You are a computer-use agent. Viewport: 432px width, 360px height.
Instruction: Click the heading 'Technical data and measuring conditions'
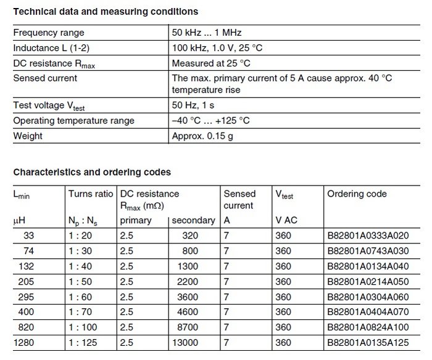click(106, 12)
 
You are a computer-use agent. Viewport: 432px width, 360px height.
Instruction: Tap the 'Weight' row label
click(28, 136)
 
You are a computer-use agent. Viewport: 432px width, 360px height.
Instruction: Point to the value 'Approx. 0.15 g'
click(203, 136)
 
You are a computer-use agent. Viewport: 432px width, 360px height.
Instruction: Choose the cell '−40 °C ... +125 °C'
click(211, 121)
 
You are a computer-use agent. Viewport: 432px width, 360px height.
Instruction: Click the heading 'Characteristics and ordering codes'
click(92, 172)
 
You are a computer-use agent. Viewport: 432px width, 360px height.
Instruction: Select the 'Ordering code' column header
click(357, 194)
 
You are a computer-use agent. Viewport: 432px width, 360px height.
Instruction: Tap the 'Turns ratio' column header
click(91, 194)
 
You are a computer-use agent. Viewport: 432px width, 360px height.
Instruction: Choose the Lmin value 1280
click(25, 342)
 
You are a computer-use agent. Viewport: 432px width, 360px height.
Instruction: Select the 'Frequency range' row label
click(49, 32)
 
